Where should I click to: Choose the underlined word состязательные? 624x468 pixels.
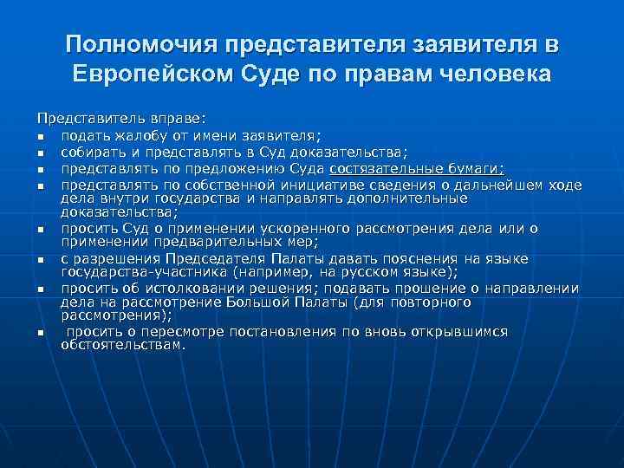pos(382,168)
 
